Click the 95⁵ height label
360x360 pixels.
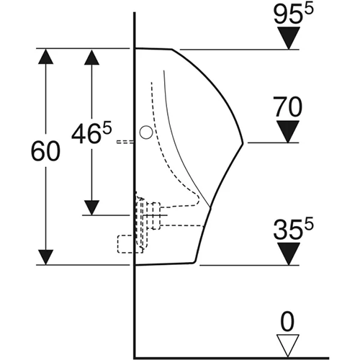click(x=294, y=14)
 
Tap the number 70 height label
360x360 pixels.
click(x=287, y=107)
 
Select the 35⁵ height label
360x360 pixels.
click(x=293, y=229)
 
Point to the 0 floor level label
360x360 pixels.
click(x=287, y=322)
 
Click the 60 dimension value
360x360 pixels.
click(x=45, y=151)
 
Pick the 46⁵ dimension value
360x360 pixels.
click(x=91, y=132)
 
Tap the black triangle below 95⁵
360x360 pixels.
click(x=289, y=38)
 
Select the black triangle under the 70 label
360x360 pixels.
click(x=288, y=132)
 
